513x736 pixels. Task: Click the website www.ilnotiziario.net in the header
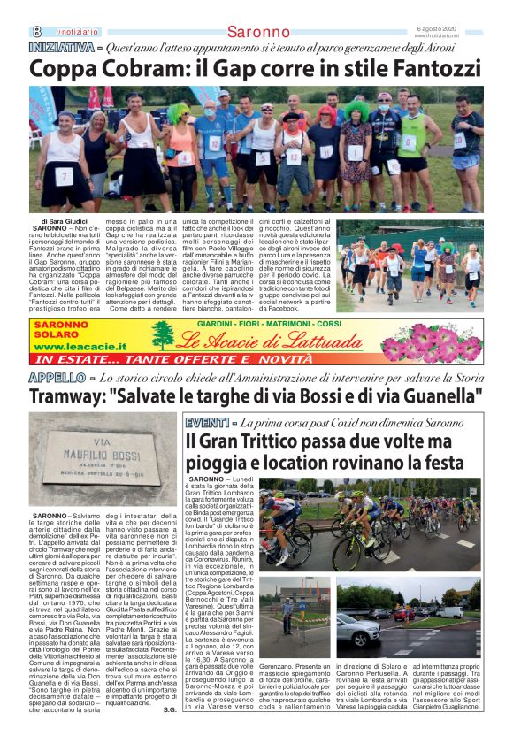pos(459,35)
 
